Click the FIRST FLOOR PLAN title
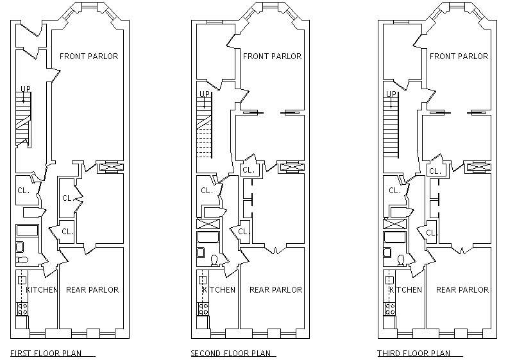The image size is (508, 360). (x=46, y=353)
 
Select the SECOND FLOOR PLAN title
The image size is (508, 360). (x=231, y=353)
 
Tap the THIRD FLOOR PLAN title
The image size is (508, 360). (x=414, y=353)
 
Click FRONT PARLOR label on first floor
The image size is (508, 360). (x=89, y=56)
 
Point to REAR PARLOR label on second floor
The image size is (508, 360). (x=276, y=289)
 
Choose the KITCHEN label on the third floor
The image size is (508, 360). (x=405, y=289)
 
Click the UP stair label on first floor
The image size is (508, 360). (x=26, y=89)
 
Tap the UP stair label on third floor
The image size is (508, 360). (x=391, y=94)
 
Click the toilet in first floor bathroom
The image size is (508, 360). (x=22, y=259)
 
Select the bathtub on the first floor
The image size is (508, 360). (x=28, y=230)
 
